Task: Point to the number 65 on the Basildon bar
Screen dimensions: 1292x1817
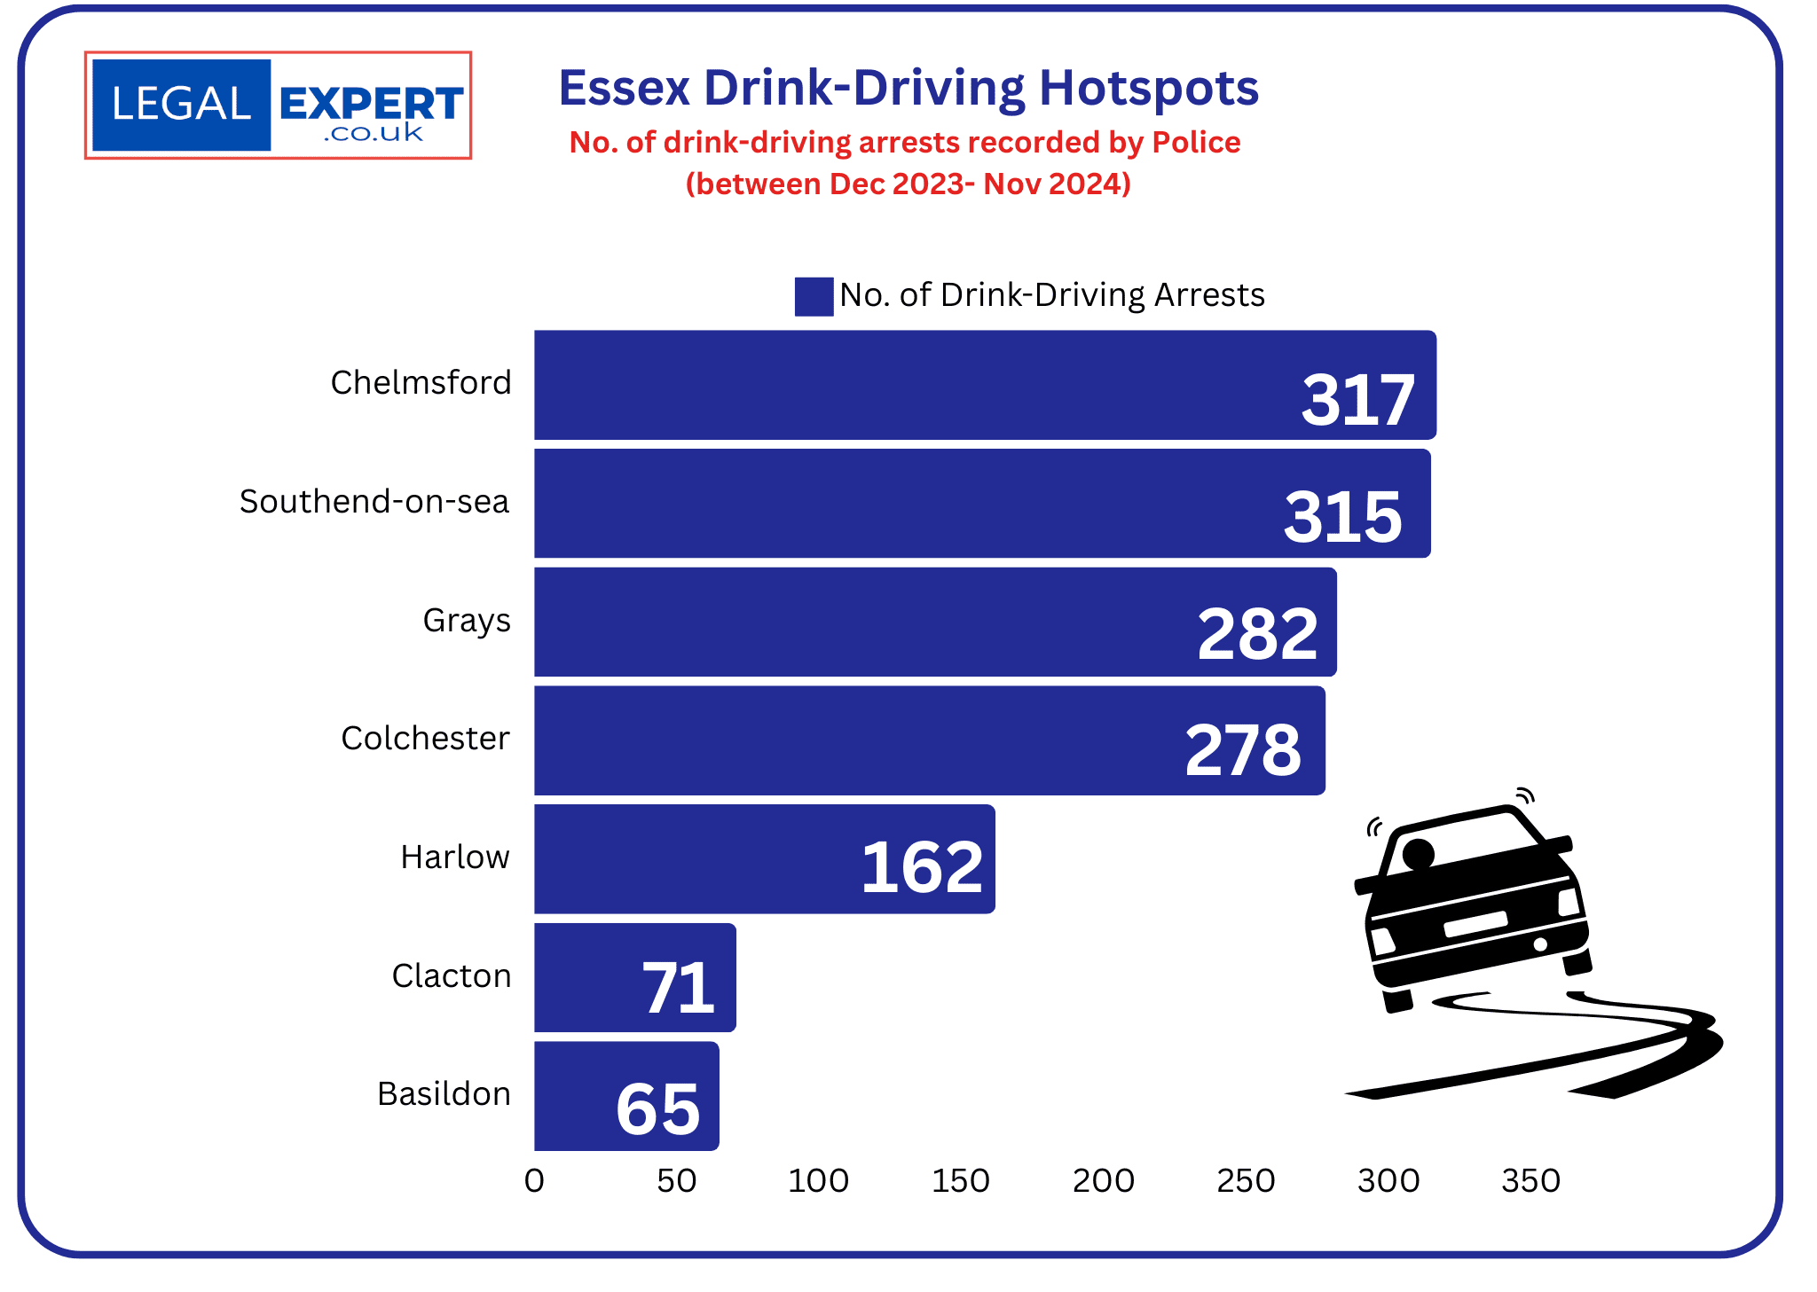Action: pyautogui.click(x=657, y=1108)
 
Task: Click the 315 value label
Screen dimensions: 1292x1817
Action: pyautogui.click(x=1342, y=516)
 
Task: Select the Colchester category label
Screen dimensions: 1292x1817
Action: pyautogui.click(x=425, y=738)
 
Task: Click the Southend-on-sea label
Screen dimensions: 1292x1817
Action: pyautogui.click(x=374, y=501)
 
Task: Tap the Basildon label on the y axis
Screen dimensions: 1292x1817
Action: pyautogui.click(x=444, y=1093)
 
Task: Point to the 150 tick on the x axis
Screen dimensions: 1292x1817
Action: pyautogui.click(x=961, y=1180)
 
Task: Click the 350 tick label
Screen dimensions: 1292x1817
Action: pyautogui.click(x=1530, y=1180)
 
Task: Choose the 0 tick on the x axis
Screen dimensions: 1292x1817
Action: pyautogui.click(x=534, y=1180)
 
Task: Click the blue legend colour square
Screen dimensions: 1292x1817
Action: pyautogui.click(x=813, y=296)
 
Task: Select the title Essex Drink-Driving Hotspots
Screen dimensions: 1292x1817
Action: pyautogui.click(x=908, y=88)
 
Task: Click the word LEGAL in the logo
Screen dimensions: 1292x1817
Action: pyautogui.click(x=182, y=105)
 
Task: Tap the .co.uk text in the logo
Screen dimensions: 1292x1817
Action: pyautogui.click(x=374, y=133)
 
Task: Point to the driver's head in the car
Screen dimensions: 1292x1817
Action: pyautogui.click(x=1418, y=853)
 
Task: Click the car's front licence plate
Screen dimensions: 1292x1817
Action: pyautogui.click(x=1475, y=924)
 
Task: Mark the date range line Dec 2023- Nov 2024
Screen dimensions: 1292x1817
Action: pyautogui.click(x=908, y=184)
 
